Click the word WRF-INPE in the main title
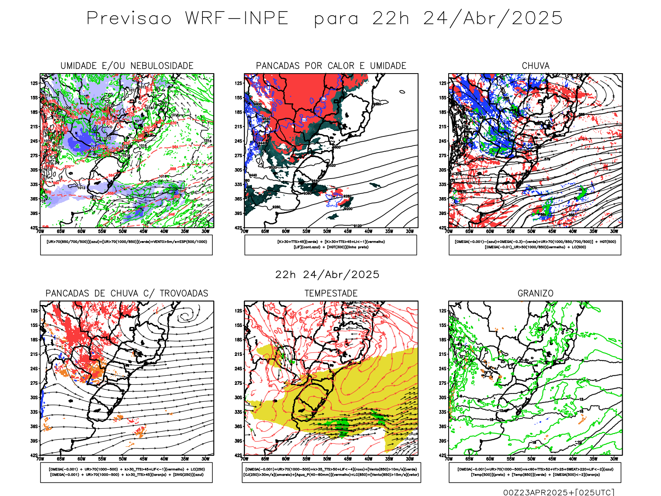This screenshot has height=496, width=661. point(237,18)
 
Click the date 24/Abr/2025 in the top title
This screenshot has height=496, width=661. point(493,18)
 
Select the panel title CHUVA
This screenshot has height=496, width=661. point(535,66)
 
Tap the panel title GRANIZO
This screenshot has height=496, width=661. point(535,293)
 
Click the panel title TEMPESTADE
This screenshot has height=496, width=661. point(331,293)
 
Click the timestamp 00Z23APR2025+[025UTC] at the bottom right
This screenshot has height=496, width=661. point(559,492)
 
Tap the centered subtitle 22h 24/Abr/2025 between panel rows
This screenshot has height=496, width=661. point(327,274)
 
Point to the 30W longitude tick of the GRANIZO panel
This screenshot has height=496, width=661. point(614,459)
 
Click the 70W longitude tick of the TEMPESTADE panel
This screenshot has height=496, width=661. point(245,459)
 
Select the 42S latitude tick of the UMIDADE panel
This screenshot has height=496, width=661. point(34,228)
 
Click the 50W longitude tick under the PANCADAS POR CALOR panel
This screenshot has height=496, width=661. point(327,231)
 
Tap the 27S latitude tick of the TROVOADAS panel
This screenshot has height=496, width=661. point(34,383)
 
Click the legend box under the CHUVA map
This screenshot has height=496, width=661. point(535,245)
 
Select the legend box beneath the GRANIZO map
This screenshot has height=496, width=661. point(535,472)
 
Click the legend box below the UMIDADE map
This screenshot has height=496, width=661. point(126,245)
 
